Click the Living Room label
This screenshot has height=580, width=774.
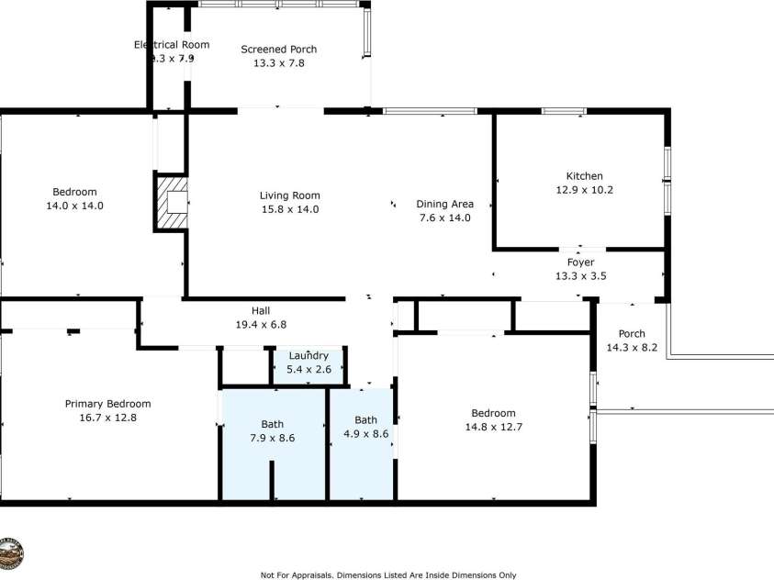point(289,195)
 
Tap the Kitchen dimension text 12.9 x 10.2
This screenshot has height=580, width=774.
point(584,190)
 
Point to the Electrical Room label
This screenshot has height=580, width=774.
point(172,44)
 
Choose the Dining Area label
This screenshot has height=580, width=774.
point(444,204)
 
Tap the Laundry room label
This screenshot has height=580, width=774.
point(308,356)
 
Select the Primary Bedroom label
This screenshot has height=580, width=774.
point(107,404)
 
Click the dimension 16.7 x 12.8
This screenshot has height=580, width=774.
point(107,418)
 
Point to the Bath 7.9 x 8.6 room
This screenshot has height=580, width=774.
point(272,430)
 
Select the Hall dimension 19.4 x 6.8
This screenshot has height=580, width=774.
point(261,324)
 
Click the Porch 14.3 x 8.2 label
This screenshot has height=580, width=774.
point(632,334)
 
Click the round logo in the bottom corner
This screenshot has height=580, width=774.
point(10,552)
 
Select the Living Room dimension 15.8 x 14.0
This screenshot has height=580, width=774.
point(289,209)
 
